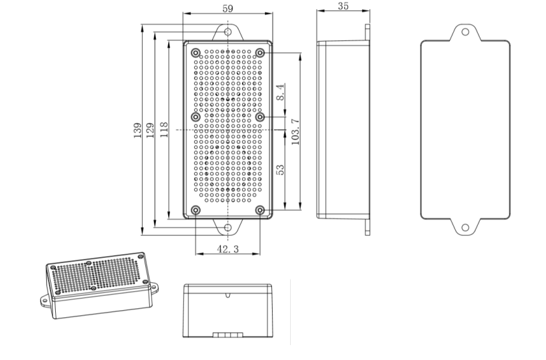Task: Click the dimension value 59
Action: pyautogui.click(x=227, y=8)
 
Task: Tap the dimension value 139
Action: pyautogui.click(x=137, y=130)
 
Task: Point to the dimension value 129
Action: pyautogui.click(x=150, y=130)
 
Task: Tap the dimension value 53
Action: pyautogui.click(x=280, y=170)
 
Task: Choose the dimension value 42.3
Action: pyautogui.click(x=227, y=249)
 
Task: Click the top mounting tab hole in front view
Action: pyautogui.click(x=228, y=31)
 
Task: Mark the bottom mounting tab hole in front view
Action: pyautogui.click(x=228, y=228)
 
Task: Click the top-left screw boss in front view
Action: pyautogui.click(x=196, y=51)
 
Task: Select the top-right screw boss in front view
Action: pyautogui.click(x=260, y=51)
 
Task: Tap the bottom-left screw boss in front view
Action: pyautogui.click(x=196, y=210)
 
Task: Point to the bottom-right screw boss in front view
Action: pyautogui.click(x=260, y=210)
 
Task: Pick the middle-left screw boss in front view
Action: pyautogui.click(x=196, y=117)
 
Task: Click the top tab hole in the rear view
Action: pyautogui.click(x=465, y=31)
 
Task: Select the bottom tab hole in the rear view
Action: pyautogui.click(x=465, y=228)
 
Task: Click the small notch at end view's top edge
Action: pyautogui.click(x=227, y=295)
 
